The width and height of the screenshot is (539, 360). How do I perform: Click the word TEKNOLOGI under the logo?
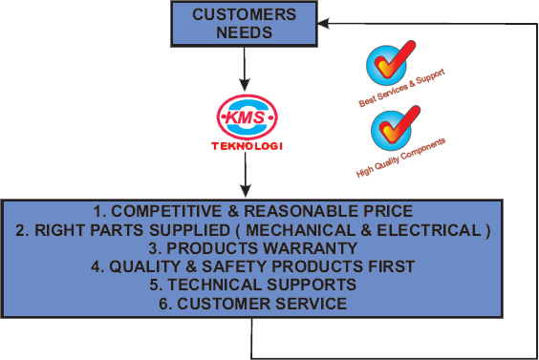click(x=246, y=148)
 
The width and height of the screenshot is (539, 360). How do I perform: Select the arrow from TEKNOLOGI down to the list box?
click(x=246, y=177)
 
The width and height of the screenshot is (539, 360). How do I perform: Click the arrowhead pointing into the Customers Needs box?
click(x=325, y=20)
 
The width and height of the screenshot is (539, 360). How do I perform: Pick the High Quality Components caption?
click(x=400, y=159)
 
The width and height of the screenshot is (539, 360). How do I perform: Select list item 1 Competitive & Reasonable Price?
click(x=252, y=210)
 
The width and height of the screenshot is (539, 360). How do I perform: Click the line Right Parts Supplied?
click(x=252, y=229)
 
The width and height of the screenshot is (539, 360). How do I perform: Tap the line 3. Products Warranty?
click(x=252, y=247)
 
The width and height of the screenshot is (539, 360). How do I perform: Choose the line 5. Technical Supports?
click(x=252, y=285)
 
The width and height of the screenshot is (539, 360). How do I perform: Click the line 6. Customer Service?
click(x=252, y=304)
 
